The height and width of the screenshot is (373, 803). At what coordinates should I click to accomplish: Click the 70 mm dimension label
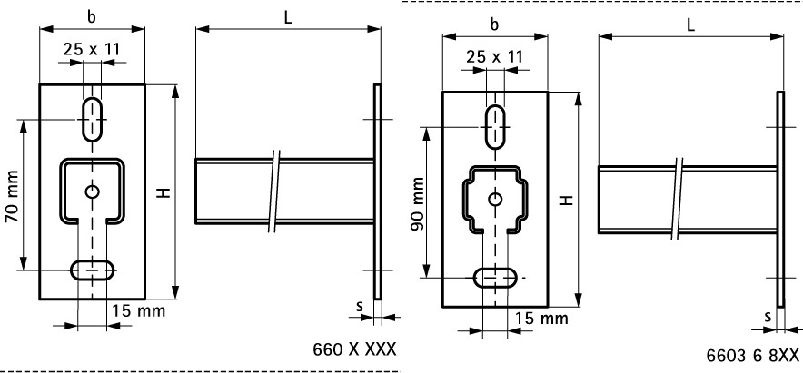click(x=12, y=196)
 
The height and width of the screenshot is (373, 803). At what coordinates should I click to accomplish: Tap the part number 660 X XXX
click(x=354, y=349)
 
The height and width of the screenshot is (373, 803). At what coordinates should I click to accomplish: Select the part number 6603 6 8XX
click(x=753, y=356)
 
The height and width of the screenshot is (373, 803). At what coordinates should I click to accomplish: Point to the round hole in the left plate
click(x=92, y=191)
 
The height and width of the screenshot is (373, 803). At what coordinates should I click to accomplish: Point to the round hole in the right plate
click(x=495, y=199)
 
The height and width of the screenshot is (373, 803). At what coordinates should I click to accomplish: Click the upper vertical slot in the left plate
click(x=92, y=119)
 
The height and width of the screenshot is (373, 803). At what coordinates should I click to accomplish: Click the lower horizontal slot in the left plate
click(x=93, y=270)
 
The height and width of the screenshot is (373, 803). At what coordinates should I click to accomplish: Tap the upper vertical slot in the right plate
click(x=495, y=126)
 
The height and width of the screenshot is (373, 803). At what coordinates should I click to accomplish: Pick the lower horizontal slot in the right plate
click(x=496, y=278)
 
